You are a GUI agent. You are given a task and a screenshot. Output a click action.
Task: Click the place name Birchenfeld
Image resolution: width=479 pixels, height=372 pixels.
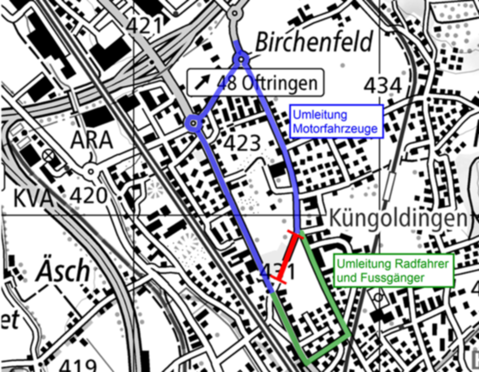point(313,42)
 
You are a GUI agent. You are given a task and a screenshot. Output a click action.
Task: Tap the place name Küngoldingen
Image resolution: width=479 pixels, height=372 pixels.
point(397,218)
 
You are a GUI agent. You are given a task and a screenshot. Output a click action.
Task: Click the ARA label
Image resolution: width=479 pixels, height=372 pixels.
point(91,139)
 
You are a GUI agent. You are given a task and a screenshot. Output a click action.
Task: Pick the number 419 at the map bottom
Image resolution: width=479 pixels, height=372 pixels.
point(77,365)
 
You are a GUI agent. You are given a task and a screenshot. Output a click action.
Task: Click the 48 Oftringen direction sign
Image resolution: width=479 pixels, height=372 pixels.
point(255,82)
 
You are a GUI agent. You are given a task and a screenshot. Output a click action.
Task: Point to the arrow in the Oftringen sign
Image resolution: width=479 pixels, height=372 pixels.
point(203,82)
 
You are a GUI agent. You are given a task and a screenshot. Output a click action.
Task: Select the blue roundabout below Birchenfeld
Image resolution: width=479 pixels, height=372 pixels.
point(241,60)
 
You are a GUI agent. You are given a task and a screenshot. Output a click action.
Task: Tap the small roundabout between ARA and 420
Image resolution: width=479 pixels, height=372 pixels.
point(91,171)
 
